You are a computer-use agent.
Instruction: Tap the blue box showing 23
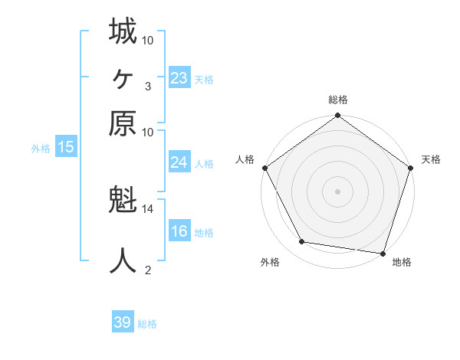tap(179, 77)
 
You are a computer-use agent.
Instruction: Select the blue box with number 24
tap(179, 162)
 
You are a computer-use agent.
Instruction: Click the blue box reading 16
tap(179, 231)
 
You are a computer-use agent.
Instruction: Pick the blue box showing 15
tap(66, 148)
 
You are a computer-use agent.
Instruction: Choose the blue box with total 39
tap(123, 322)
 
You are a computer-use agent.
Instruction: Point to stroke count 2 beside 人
tap(148, 270)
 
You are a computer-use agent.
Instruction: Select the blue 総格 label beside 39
tap(147, 324)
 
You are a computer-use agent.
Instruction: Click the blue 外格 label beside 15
tap(41, 149)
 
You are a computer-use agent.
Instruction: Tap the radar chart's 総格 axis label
tap(338, 100)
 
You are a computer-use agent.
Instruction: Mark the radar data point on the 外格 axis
tap(302, 242)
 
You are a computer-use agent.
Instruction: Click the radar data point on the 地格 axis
tap(382, 253)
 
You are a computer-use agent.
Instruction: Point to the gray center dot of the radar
tap(338, 191)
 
